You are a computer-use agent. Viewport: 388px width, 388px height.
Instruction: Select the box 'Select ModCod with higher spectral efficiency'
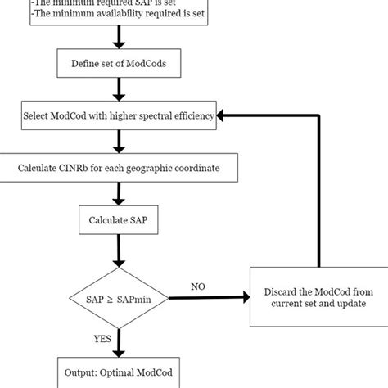pyautogui.click(x=120, y=116)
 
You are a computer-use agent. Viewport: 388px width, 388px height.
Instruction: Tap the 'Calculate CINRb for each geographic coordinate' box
pyautogui.click(x=120, y=169)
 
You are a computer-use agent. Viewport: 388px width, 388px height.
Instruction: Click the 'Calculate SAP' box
pyautogui.click(x=120, y=220)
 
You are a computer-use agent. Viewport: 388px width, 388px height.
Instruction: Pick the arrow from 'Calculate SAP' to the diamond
pyautogui.click(x=120, y=246)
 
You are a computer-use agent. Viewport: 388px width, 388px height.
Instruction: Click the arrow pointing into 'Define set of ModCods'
pyautogui.click(x=120, y=37)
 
